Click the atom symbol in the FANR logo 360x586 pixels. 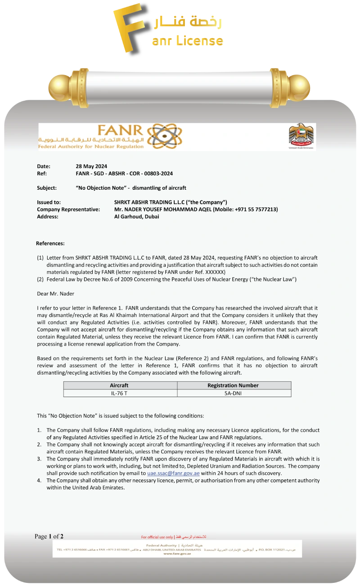click(164, 136)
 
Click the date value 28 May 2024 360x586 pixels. click(91, 166)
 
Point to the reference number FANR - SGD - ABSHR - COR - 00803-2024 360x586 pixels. click(124, 174)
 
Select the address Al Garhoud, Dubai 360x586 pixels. click(137, 217)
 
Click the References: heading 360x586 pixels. click(50, 243)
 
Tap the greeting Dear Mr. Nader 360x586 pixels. click(55, 294)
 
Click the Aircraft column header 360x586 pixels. click(119, 385)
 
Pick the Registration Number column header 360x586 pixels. click(233, 385)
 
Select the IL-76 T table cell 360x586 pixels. click(119, 393)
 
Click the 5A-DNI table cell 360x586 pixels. click(233, 393)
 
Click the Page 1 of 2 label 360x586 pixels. click(49, 536)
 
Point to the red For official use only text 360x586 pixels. click(157, 537)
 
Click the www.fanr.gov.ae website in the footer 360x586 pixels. click(177, 554)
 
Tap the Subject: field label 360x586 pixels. click(47, 188)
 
